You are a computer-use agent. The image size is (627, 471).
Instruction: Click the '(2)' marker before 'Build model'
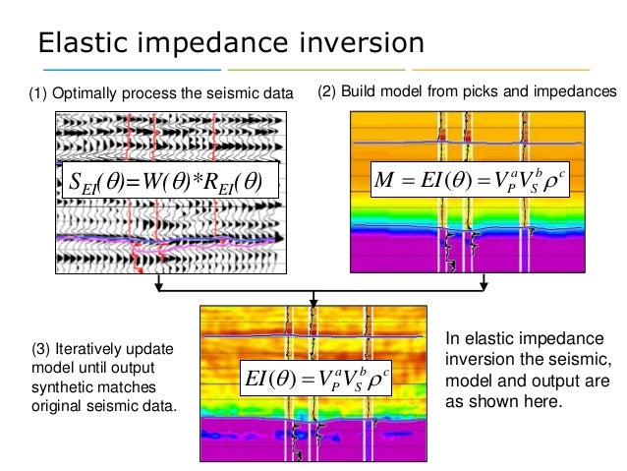pyautogui.click(x=331, y=92)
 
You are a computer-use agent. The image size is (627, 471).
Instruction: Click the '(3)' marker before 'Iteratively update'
pyautogui.click(x=44, y=348)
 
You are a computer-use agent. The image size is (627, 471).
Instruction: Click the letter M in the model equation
pyautogui.click(x=386, y=182)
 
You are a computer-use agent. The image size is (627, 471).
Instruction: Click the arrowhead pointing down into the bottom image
pyautogui.click(x=313, y=298)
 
